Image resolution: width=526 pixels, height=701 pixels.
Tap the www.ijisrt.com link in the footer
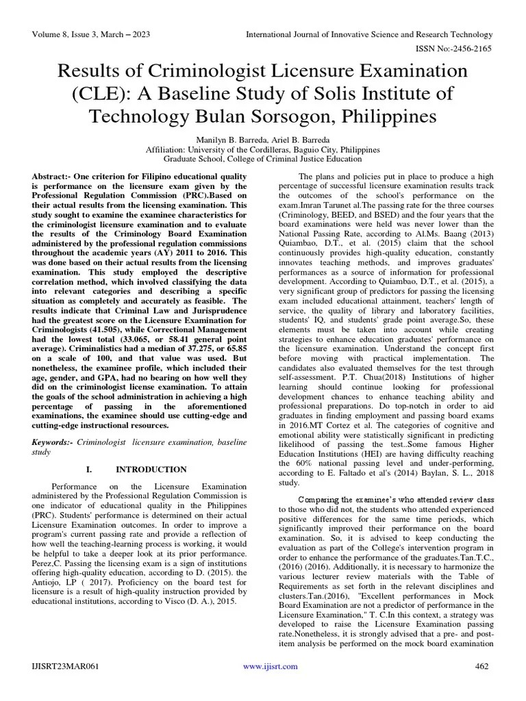pyautogui.click(x=270, y=666)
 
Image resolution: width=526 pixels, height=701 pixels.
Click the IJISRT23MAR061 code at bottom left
pyautogui.click(x=61, y=666)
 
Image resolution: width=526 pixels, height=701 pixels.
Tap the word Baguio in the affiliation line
pyautogui.click(x=314, y=150)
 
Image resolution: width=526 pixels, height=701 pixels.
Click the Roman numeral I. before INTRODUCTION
pyautogui.click(x=88, y=470)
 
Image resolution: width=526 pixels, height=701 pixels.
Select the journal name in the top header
pyautogui.click(x=369, y=34)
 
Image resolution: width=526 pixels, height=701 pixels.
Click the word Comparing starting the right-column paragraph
pyautogui.click(x=302, y=500)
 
